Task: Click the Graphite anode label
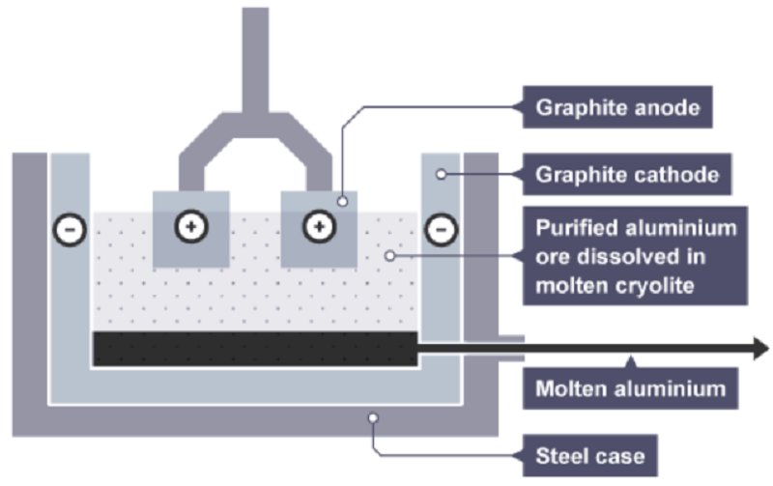point(616,108)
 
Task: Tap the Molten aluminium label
point(630,389)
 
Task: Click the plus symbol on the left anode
point(191,228)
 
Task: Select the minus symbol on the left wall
point(71,230)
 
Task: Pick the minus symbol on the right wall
point(441,230)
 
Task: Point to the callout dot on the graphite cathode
point(441,174)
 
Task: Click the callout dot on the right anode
point(342,201)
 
